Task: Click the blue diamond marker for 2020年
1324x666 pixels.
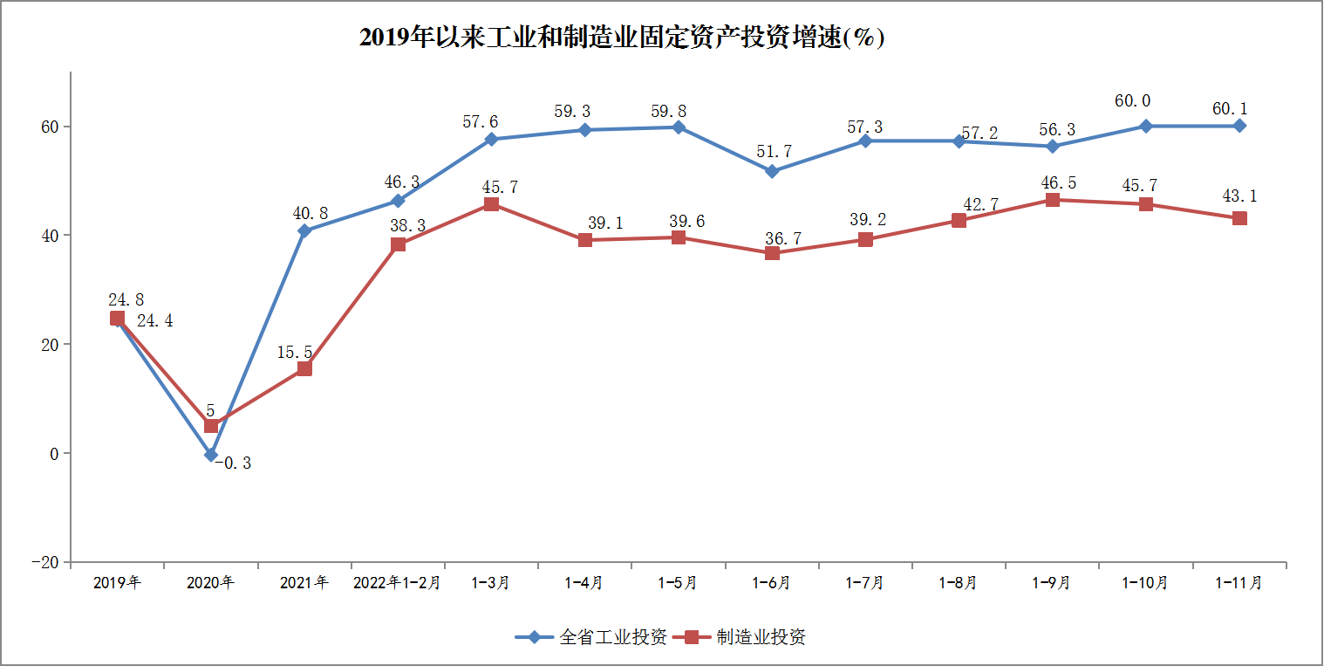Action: (210, 455)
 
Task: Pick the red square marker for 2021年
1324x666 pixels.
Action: (304, 368)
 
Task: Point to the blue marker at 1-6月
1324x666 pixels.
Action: (772, 171)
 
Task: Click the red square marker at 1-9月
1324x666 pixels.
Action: (1053, 200)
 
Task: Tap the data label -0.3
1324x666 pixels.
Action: (233, 463)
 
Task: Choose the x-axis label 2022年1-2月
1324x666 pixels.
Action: (398, 583)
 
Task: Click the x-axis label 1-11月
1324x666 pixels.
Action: (1239, 583)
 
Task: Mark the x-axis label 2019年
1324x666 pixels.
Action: (117, 583)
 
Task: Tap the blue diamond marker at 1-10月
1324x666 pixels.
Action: (1146, 126)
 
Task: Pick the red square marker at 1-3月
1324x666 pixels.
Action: (491, 204)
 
